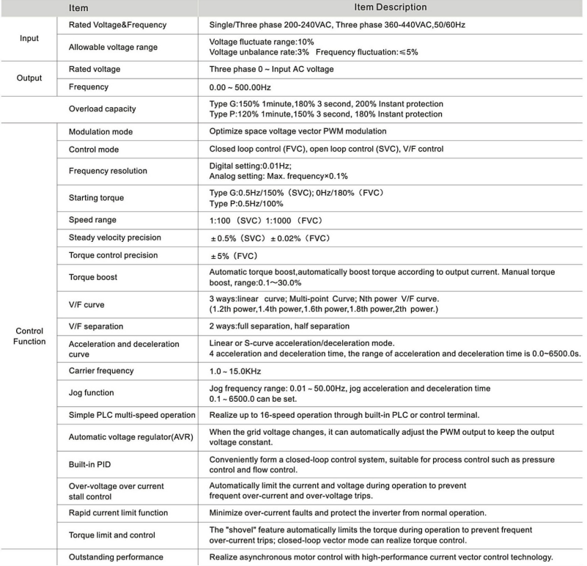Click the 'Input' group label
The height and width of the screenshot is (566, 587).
tap(29, 37)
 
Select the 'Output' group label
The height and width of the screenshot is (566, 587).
tap(29, 78)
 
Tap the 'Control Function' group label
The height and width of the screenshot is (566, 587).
tap(29, 336)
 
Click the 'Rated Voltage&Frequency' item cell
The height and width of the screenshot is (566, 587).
tap(117, 25)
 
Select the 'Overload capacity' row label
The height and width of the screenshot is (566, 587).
tap(103, 109)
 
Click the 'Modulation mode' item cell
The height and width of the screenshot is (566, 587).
tap(103, 131)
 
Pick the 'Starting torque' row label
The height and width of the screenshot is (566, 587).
tap(97, 198)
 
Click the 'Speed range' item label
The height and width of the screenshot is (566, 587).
tap(92, 220)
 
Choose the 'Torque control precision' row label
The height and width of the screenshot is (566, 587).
tap(113, 255)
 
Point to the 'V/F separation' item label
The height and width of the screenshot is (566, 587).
tap(96, 326)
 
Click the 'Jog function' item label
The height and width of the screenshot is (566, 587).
tap(92, 393)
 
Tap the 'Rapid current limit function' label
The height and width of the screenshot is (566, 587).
tap(118, 512)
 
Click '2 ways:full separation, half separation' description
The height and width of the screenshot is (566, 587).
tap(279, 326)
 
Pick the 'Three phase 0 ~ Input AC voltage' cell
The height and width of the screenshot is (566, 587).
tap(271, 70)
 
